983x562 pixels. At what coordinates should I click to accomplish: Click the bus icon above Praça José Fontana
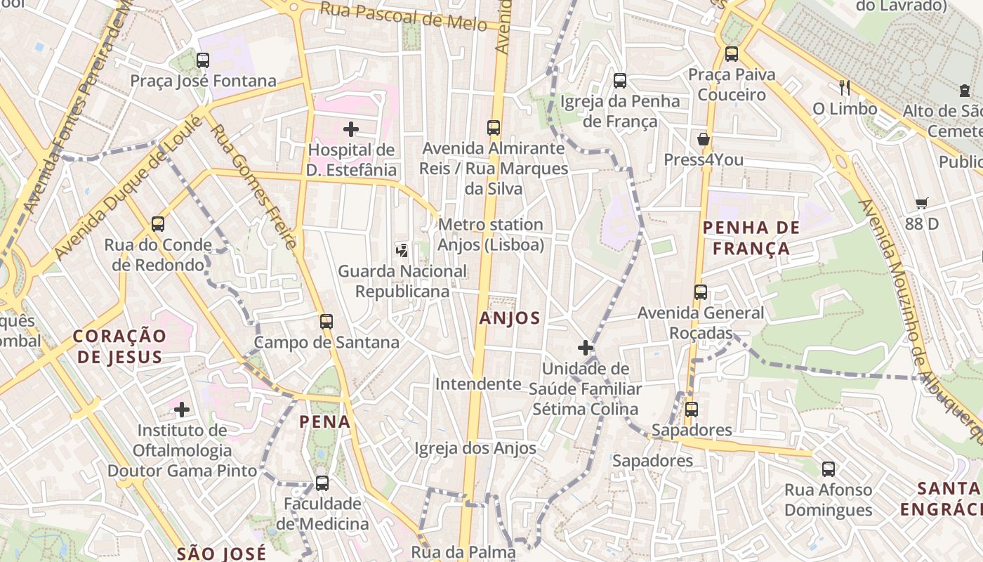pyautogui.click(x=203, y=60)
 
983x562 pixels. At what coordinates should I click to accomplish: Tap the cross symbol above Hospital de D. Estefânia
pyautogui.click(x=351, y=129)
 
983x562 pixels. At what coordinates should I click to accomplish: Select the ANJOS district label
pyautogui.click(x=510, y=318)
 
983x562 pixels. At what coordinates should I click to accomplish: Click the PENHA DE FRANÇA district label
pyautogui.click(x=751, y=237)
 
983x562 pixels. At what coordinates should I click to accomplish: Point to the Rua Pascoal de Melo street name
pyautogui.click(x=403, y=16)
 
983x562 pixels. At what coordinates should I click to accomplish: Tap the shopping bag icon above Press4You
pyautogui.click(x=703, y=139)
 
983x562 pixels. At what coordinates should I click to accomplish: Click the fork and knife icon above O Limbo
pyautogui.click(x=845, y=88)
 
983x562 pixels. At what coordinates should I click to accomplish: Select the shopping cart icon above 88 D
pyautogui.click(x=922, y=204)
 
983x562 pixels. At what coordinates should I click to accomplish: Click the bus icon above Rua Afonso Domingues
pyautogui.click(x=829, y=469)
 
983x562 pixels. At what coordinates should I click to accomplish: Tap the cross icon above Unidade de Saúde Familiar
pyautogui.click(x=585, y=348)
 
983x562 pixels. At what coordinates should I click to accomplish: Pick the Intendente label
pyautogui.click(x=478, y=384)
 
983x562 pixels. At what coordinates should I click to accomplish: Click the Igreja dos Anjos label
pyautogui.click(x=475, y=448)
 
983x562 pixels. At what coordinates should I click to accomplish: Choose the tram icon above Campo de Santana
pyautogui.click(x=326, y=322)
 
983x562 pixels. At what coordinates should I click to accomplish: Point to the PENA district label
pyautogui.click(x=324, y=421)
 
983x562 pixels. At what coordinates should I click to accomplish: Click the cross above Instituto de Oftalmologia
pyautogui.click(x=182, y=409)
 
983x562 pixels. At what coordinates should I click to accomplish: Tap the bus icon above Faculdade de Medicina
pyautogui.click(x=322, y=483)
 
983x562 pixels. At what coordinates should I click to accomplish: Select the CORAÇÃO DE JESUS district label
pyautogui.click(x=119, y=346)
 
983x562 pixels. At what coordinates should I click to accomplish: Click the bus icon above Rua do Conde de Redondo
pyautogui.click(x=158, y=224)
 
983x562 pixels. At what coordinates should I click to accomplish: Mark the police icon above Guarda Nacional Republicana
pyautogui.click(x=402, y=249)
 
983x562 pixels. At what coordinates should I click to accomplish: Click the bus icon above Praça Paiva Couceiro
pyautogui.click(x=732, y=53)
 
